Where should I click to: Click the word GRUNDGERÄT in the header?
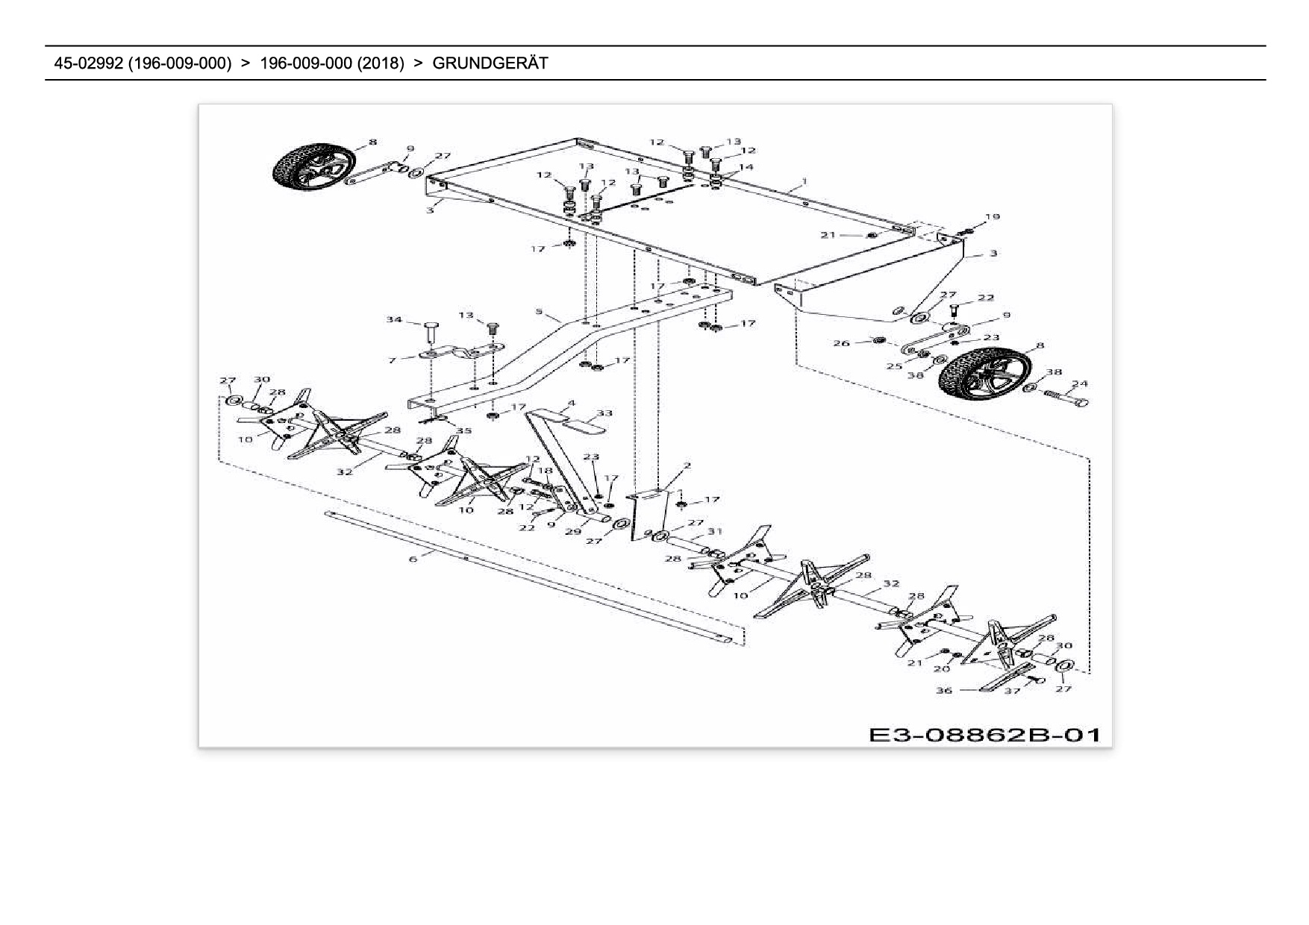[x=490, y=63]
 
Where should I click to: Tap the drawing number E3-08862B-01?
[x=985, y=735]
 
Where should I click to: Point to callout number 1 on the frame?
[x=804, y=181]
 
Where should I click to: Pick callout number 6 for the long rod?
[x=413, y=559]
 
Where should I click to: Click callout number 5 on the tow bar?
[x=538, y=311]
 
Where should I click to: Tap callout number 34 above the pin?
[x=393, y=320]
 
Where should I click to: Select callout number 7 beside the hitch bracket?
[x=393, y=360]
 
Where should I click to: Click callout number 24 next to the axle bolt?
[x=1079, y=384]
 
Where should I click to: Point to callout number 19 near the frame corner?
[x=992, y=217]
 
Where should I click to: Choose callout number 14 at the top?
[x=746, y=167]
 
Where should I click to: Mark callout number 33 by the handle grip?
[x=604, y=413]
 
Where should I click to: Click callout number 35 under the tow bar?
[x=463, y=430]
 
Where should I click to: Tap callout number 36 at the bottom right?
[x=944, y=690]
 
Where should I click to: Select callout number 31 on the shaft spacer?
[x=716, y=531]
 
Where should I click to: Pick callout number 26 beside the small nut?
[x=841, y=343]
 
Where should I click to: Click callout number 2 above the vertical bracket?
[x=687, y=465]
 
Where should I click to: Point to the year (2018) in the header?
[x=381, y=63]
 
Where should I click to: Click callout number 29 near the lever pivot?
[x=572, y=532]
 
